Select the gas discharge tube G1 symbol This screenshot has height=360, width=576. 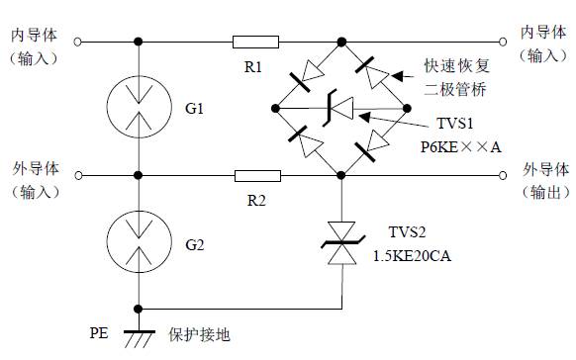[139, 109]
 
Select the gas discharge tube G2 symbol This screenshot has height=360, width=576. [139, 242]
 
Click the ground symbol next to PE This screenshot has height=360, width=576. [139, 336]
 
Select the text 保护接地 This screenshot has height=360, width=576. [199, 334]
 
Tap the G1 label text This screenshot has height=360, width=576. [193, 108]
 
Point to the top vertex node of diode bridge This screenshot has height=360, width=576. [342, 43]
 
